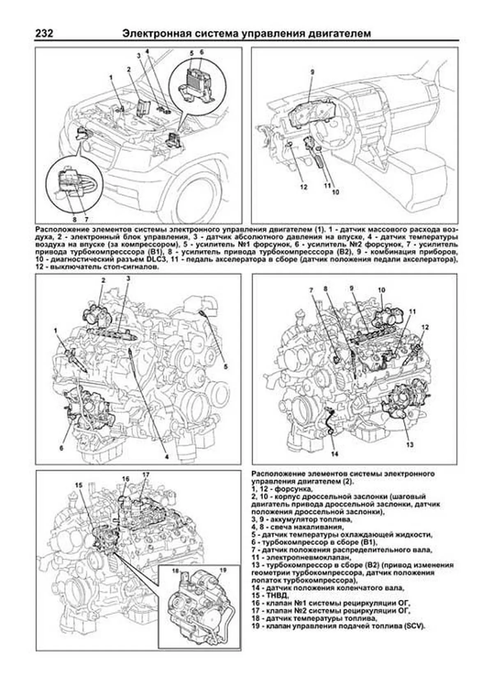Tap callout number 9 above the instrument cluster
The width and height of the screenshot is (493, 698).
(x=312, y=72)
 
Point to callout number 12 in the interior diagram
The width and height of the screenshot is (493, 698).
(x=303, y=187)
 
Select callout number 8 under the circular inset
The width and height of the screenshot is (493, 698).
(x=74, y=219)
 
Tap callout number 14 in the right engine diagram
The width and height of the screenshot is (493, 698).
(x=334, y=454)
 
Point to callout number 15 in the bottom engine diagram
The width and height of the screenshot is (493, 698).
(x=78, y=485)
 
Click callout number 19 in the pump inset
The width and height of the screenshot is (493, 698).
(x=223, y=570)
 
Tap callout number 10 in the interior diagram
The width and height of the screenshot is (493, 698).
(x=336, y=191)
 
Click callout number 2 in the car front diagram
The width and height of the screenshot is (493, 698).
(x=129, y=70)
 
